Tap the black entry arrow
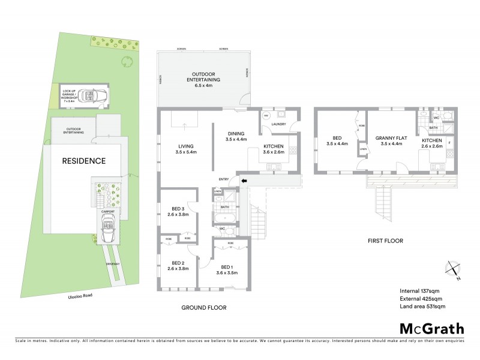coord(244,179)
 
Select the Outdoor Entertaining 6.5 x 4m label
coord(203,79)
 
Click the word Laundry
coord(278,124)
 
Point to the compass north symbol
coord(452,270)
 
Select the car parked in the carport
coord(109,229)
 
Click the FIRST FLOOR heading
coord(385,241)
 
